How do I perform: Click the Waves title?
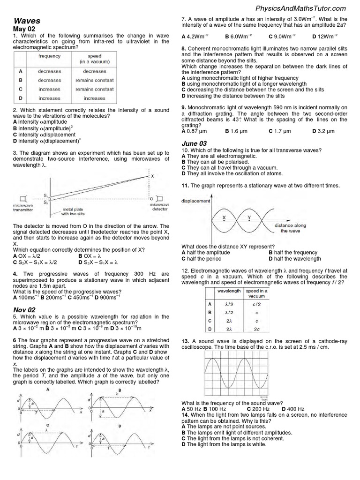[27, 21]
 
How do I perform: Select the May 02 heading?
[24, 29]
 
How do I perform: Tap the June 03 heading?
[194, 143]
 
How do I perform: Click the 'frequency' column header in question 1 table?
[50, 56]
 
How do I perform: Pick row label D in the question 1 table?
[21, 98]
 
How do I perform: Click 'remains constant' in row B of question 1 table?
[95, 80]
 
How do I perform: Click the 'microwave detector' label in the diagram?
[160, 207]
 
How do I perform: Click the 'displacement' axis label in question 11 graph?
[196, 201]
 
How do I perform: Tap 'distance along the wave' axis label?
[291, 228]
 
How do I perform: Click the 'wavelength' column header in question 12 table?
[229, 291]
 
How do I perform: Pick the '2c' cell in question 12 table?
[256, 330]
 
